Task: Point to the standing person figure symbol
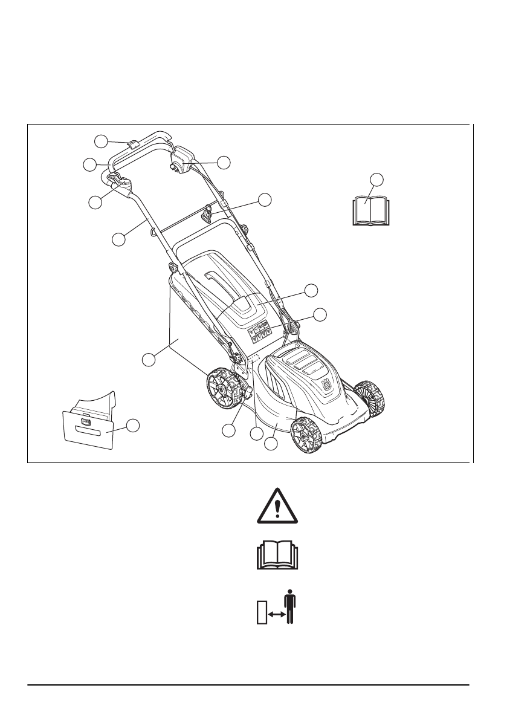click(289, 606)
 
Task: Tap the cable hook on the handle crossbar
click(207, 212)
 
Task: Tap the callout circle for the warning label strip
click(321, 314)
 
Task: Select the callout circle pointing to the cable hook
click(265, 199)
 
